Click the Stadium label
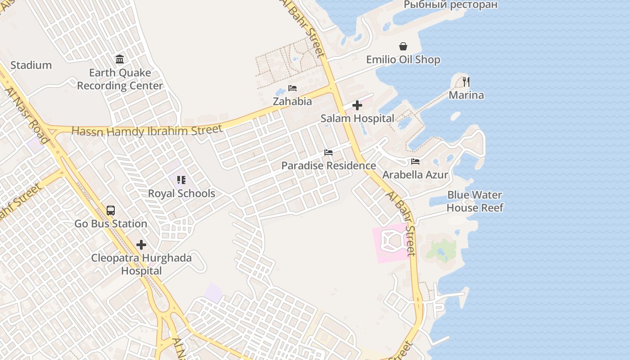coord(31,65)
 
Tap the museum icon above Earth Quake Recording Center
coord(120,59)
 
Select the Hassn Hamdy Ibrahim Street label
coord(147,131)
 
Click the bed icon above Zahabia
coord(292,88)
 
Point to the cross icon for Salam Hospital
coord(357,105)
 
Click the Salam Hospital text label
coord(357,118)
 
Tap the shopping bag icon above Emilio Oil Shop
coord(403,46)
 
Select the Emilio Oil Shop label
coord(403,59)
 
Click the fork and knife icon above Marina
coord(466,82)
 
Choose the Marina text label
coord(466,95)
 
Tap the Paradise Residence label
coord(328,166)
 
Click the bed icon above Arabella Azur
coord(415,162)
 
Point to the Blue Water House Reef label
coord(475,201)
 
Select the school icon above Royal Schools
coord(181,180)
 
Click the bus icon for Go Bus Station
coord(111,211)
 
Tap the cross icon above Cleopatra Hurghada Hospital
coord(141,245)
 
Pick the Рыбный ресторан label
coord(450,5)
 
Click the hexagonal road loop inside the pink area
coord(391,242)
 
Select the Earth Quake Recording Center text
coord(120,79)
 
